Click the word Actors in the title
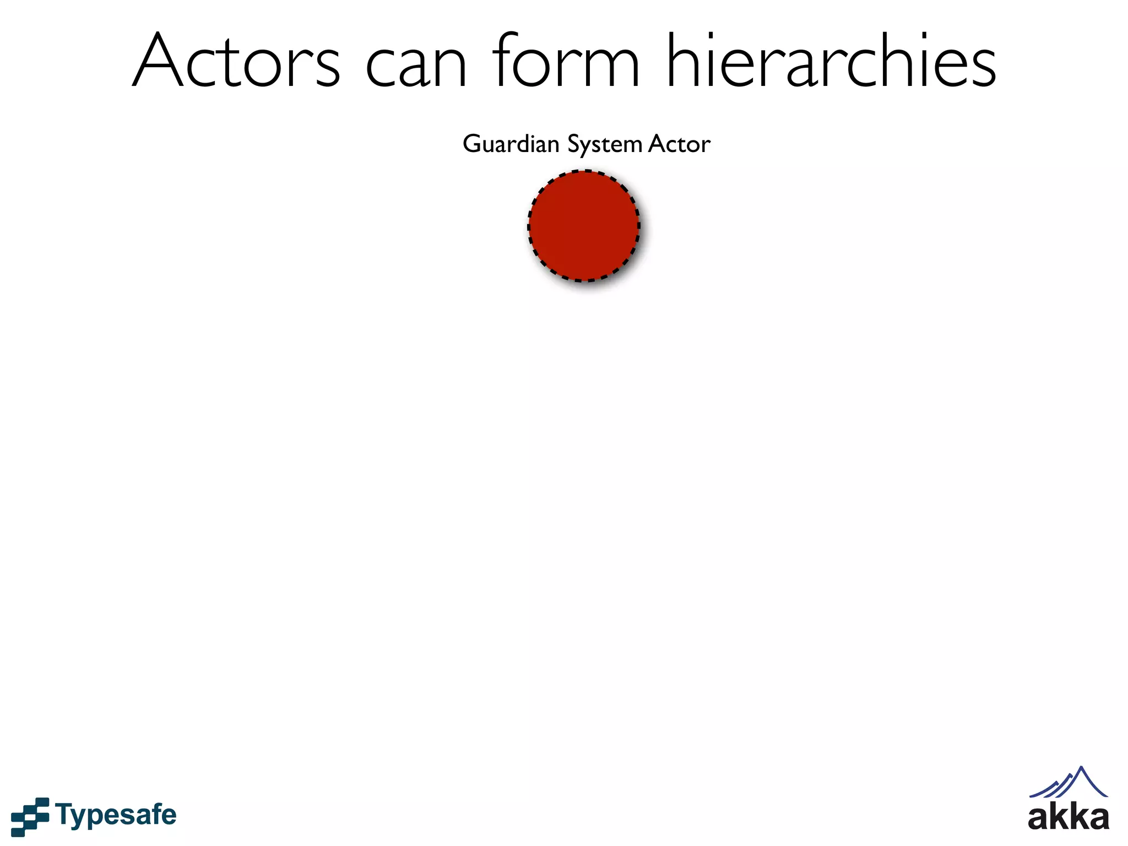point(236,61)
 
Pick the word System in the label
point(605,144)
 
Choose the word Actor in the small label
point(679,144)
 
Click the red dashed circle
point(584,226)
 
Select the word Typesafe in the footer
point(116,816)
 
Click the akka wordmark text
point(1068,817)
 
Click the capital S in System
point(574,144)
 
